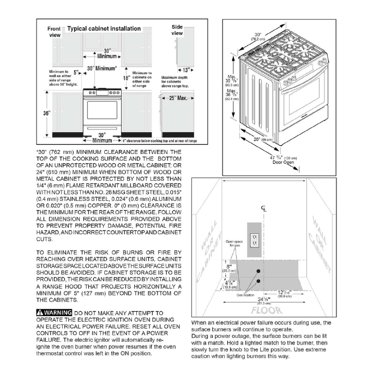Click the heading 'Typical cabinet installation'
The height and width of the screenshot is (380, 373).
(104, 28)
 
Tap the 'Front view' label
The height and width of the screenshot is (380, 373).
(55, 32)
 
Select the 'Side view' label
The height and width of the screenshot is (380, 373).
(177, 30)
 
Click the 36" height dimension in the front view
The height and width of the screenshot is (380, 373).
(47, 113)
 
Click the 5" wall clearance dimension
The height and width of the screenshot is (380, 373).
(76, 72)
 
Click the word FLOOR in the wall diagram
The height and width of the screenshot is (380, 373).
(264, 311)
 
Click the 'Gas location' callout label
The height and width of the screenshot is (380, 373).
(245, 294)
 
